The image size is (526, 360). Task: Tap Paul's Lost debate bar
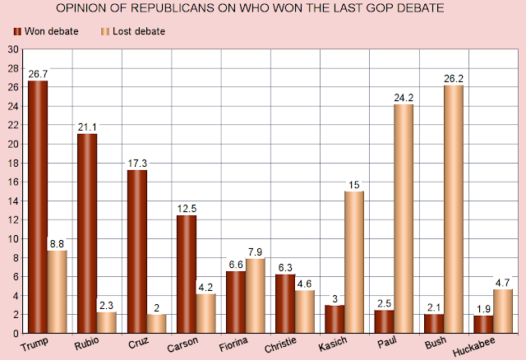pos(403,219)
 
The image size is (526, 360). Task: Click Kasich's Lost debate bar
pos(353,262)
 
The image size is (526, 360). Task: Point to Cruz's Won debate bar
pos(137,252)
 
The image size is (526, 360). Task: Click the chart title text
pos(263,9)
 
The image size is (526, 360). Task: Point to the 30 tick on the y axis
pos(12,49)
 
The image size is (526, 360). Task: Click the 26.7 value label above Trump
pos(38,74)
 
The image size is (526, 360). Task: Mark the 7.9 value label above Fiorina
pos(256,252)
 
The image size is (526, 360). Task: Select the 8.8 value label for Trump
pos(57,244)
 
